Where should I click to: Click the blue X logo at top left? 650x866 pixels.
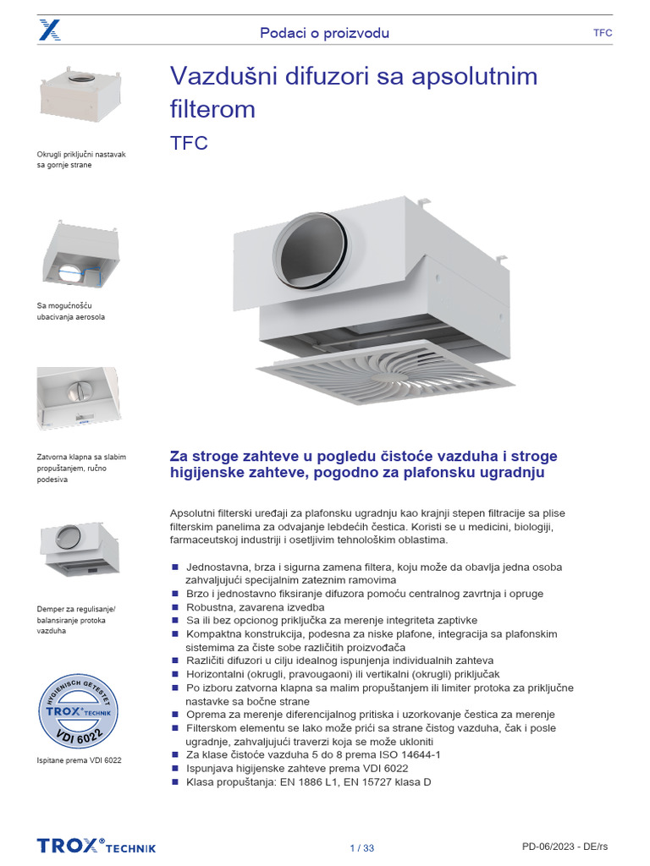[x=49, y=32]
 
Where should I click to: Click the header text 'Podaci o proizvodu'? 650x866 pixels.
[x=324, y=33]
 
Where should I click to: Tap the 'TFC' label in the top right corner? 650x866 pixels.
[x=603, y=33]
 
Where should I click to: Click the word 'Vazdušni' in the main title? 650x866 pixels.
[x=223, y=77]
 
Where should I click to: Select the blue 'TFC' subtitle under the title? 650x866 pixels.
[x=189, y=143]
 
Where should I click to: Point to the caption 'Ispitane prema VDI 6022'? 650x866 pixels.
[x=80, y=760]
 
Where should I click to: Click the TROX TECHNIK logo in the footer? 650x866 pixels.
[x=96, y=847]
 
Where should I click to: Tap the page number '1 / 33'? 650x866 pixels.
[x=361, y=847]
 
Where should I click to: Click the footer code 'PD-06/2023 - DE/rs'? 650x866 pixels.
[x=566, y=847]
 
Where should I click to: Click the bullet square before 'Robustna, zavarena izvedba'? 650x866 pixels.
[x=175, y=607]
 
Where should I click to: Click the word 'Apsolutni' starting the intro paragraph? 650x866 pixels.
[x=194, y=513]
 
